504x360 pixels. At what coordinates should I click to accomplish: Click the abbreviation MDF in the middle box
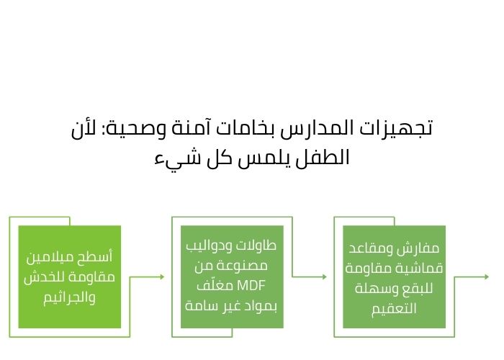pos(251,284)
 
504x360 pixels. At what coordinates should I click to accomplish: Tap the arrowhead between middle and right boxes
pos(325,276)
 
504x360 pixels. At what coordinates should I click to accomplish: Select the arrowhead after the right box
pos(487,276)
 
